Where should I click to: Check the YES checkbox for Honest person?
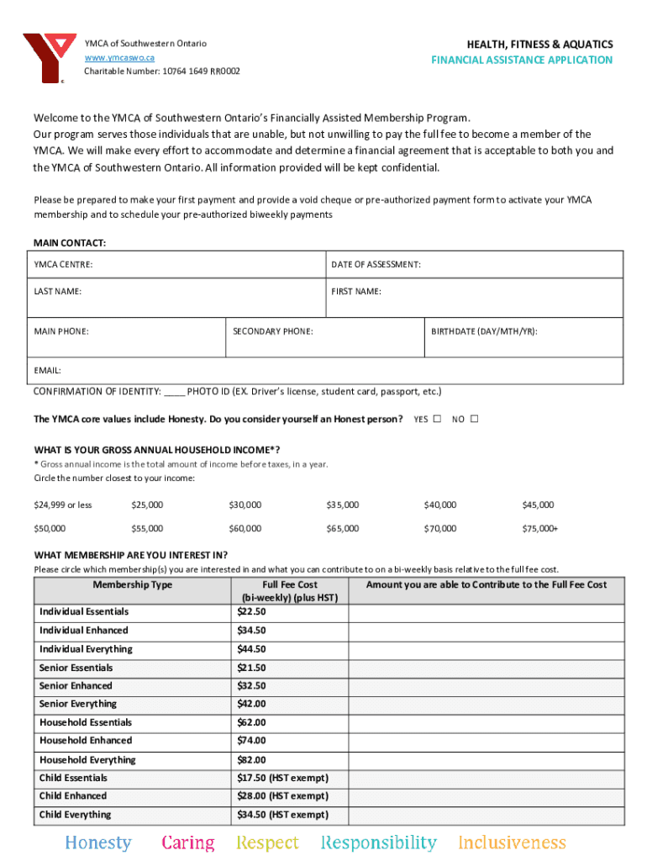click(x=437, y=419)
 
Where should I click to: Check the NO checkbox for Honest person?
click(x=474, y=419)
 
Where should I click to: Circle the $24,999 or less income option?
click(x=63, y=504)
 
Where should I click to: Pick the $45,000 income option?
click(x=538, y=504)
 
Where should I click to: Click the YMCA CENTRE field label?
click(x=63, y=265)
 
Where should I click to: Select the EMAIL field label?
click(x=47, y=370)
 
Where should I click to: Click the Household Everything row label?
click(x=87, y=760)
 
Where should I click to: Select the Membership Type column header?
click(x=133, y=584)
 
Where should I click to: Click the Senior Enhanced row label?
click(x=76, y=686)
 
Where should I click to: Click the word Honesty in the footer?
click(x=98, y=843)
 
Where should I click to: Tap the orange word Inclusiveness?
click(x=512, y=843)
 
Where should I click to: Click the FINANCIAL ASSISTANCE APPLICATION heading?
click(x=522, y=60)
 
